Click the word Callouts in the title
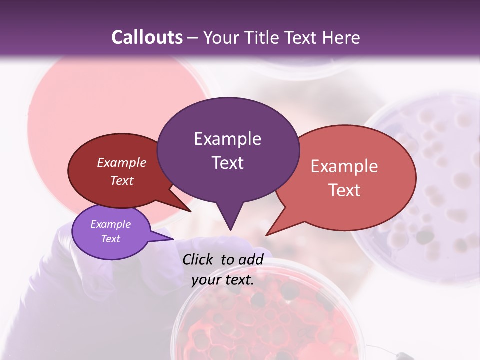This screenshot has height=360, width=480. point(147,37)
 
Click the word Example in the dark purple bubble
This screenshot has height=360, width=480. point(227,139)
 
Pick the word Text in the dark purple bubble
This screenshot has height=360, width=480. point(227,163)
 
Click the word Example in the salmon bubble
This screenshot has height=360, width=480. point(344,166)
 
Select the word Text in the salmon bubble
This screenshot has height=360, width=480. point(344,190)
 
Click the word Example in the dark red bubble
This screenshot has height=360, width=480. point(122,162)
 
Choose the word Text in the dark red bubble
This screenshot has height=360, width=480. point(122,180)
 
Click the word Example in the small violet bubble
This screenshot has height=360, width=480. point(110,224)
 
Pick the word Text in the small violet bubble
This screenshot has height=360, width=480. point(110,239)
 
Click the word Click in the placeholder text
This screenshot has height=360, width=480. point(197,259)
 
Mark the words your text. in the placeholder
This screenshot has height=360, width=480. point(223,280)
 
